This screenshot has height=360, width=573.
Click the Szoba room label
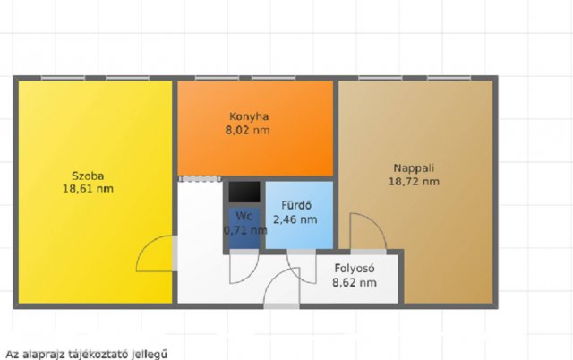(x=88, y=175)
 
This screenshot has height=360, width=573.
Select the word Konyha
(x=249, y=116)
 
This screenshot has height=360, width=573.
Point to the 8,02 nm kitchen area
(x=249, y=130)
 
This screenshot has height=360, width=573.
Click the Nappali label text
(x=415, y=167)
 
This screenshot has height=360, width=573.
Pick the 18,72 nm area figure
(x=415, y=181)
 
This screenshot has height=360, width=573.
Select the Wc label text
(x=243, y=216)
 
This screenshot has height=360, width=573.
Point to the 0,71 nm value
(x=244, y=230)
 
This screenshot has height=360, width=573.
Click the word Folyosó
(x=354, y=268)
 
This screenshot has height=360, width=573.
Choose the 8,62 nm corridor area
(x=354, y=282)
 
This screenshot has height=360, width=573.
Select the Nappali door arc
(x=368, y=230)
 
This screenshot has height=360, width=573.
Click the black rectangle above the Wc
(x=243, y=192)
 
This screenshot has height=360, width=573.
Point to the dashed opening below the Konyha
(x=199, y=178)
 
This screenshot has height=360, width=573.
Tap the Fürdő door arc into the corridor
(x=302, y=259)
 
